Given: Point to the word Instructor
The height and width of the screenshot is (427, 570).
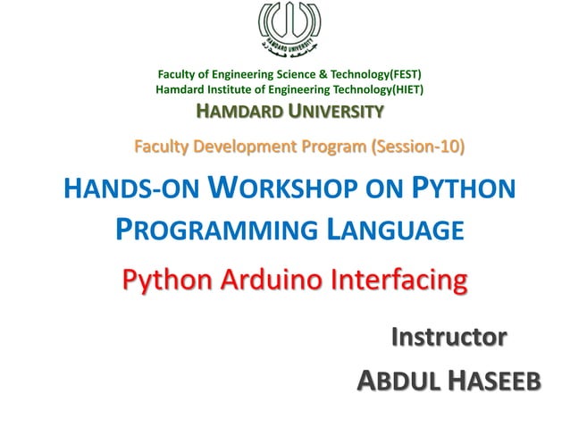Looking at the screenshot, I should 449,337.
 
